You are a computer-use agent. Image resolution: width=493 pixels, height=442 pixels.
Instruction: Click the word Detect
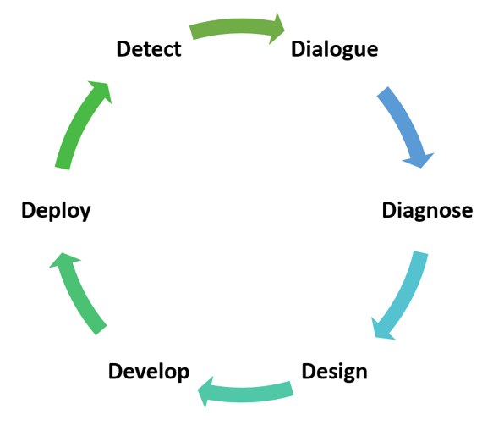click(149, 49)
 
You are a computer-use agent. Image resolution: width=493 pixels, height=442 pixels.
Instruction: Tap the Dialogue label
click(335, 50)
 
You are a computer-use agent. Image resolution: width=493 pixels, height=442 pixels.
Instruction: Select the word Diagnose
click(427, 211)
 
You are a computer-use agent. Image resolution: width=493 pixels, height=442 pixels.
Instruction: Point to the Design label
click(335, 372)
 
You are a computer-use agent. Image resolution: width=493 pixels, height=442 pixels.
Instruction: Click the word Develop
click(149, 372)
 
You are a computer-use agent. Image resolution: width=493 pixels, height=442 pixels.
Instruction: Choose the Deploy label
click(56, 211)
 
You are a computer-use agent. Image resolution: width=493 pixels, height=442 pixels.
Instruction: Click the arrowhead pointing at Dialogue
click(276, 29)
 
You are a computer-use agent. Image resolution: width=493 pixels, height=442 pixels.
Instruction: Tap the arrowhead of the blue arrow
click(419, 159)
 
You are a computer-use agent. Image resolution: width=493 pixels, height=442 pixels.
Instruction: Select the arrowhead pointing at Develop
click(206, 392)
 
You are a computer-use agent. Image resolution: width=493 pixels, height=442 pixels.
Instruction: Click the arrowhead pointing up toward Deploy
click(63, 261)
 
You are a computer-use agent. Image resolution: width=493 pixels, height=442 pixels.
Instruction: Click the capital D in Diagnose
click(389, 210)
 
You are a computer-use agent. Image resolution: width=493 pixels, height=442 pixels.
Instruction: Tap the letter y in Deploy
click(85, 213)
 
